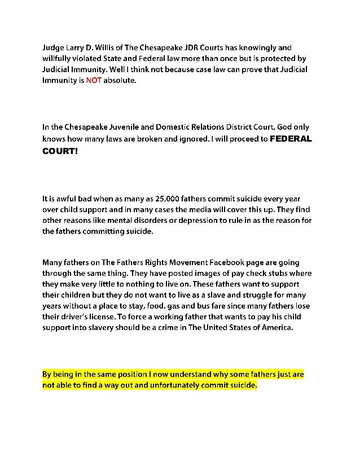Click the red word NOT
(x=93, y=81)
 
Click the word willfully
(x=59, y=59)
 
